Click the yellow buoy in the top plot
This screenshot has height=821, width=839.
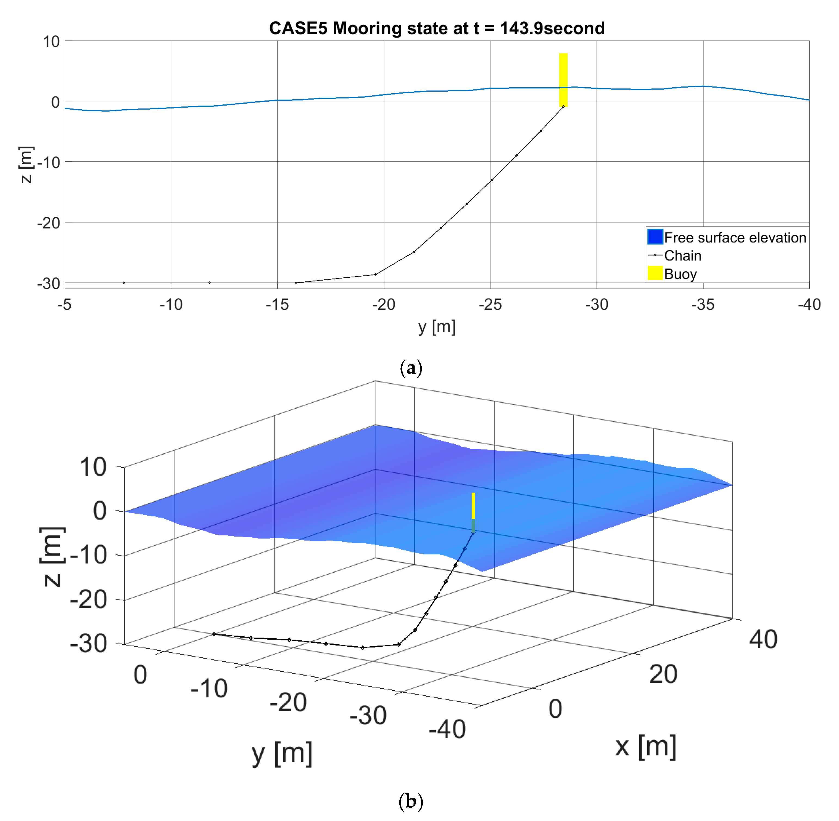[563, 80]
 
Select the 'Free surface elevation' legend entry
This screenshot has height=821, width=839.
[735, 238]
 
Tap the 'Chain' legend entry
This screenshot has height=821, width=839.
[682, 256]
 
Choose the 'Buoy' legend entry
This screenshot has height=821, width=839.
[680, 274]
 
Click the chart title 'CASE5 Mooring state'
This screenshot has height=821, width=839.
[437, 29]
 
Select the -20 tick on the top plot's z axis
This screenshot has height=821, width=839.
[48, 223]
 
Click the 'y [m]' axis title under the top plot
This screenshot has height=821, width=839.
[437, 327]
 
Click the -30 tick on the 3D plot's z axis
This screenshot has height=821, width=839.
[88, 644]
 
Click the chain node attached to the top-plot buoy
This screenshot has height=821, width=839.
[563, 107]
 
